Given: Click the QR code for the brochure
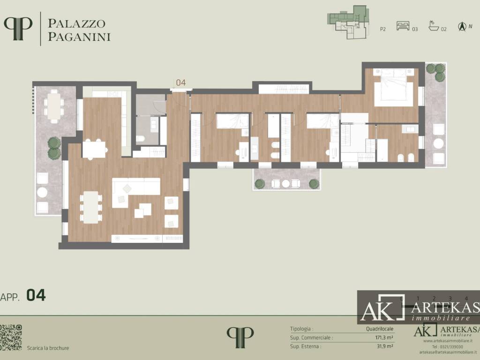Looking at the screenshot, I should (11, 337).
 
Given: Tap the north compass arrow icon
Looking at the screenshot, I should (462, 27).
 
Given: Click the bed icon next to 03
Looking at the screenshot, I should (403, 26).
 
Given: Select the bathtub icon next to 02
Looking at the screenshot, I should (434, 26).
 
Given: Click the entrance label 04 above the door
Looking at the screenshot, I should (181, 82).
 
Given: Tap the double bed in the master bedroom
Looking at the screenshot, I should (393, 88).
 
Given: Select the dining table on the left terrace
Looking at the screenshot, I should (55, 106).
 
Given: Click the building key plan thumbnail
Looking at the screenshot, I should (347, 22).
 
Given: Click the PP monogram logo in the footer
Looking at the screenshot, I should (240, 337).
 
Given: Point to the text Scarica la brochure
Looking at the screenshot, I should (48, 348).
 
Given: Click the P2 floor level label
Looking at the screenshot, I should (382, 29).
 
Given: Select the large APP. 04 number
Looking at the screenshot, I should (36, 295).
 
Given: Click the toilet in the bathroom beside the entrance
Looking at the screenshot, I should (141, 139).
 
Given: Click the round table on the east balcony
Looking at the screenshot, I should (438, 144).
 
